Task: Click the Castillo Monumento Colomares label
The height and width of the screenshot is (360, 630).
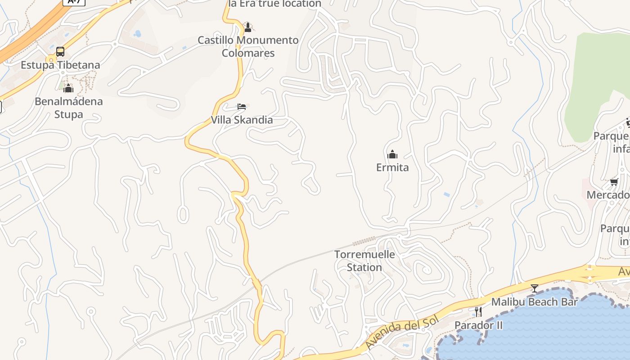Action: (248, 46)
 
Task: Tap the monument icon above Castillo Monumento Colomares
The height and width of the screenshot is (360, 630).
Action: (247, 27)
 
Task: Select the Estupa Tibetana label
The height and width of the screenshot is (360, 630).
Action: (60, 65)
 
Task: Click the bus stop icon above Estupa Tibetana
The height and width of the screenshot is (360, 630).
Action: (60, 52)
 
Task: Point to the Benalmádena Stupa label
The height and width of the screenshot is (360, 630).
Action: (69, 108)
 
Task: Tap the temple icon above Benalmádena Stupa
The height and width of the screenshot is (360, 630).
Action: (68, 88)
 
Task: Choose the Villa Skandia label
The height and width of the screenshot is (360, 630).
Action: (242, 120)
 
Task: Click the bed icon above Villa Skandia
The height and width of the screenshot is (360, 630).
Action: (242, 107)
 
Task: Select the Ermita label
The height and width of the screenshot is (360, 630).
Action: (392, 167)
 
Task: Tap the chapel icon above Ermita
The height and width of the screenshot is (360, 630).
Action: (392, 154)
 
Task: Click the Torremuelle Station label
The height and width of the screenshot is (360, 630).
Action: (364, 261)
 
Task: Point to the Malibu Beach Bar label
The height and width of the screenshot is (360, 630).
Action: (534, 301)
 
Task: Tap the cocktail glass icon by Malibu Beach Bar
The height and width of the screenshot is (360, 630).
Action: (534, 288)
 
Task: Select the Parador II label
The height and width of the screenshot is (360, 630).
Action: (478, 325)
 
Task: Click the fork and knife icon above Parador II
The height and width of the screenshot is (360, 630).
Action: (478, 311)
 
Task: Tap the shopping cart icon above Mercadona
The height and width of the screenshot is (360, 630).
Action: (614, 182)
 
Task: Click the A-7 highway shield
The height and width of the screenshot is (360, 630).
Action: (73, 2)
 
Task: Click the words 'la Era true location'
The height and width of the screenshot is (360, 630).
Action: (274, 4)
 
